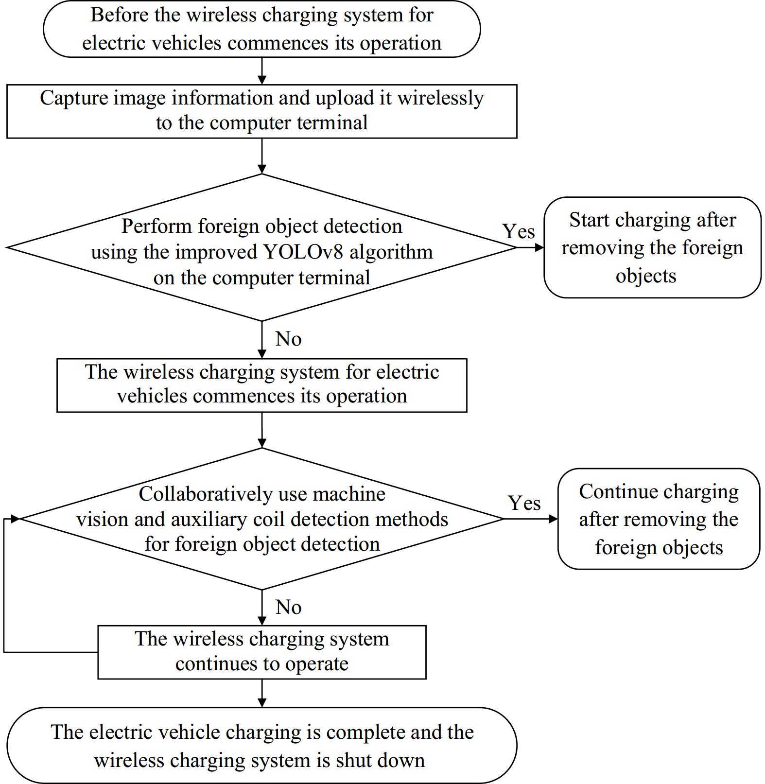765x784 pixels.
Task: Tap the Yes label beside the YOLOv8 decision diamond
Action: (x=518, y=231)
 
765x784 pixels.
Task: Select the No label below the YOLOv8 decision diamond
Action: (x=288, y=339)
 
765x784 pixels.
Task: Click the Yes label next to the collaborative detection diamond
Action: (x=524, y=503)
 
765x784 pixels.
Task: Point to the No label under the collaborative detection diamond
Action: (x=288, y=607)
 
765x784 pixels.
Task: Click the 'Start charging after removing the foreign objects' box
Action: (x=652, y=247)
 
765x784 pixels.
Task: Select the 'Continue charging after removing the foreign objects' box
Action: (x=659, y=519)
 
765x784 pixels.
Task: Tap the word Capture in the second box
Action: (x=73, y=98)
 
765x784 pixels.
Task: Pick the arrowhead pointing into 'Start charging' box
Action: (x=539, y=247)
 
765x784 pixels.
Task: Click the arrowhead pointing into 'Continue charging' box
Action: (x=553, y=519)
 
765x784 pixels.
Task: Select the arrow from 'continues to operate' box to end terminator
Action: (x=262, y=693)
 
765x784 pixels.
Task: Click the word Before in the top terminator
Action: (x=119, y=15)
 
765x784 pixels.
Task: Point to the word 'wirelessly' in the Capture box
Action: (x=440, y=98)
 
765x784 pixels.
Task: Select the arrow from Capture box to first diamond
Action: (x=262, y=156)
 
